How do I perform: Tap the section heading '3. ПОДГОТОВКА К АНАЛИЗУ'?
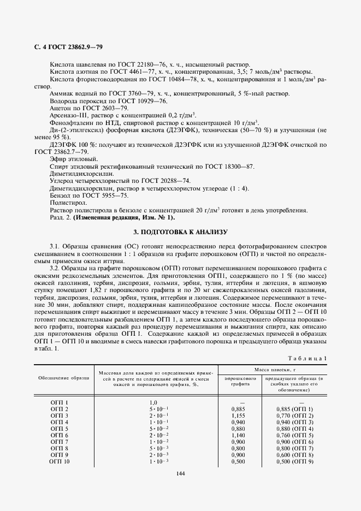(x=180, y=231)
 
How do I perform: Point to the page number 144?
(x=180, y=473)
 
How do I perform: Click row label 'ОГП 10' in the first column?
(x=60, y=462)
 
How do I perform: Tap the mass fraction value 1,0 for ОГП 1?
(x=153, y=402)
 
